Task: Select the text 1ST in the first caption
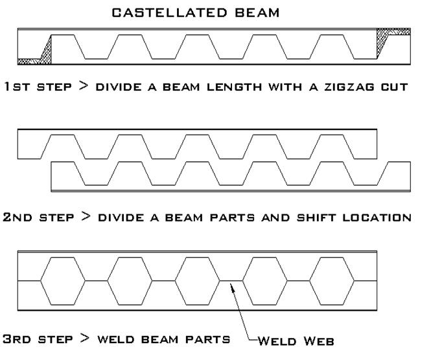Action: point(15,86)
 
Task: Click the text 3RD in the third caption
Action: point(16,339)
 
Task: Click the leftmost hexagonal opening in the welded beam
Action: point(62,281)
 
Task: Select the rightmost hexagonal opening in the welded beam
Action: point(332,281)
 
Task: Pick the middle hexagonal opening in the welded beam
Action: point(197,281)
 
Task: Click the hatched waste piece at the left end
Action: point(39,55)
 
